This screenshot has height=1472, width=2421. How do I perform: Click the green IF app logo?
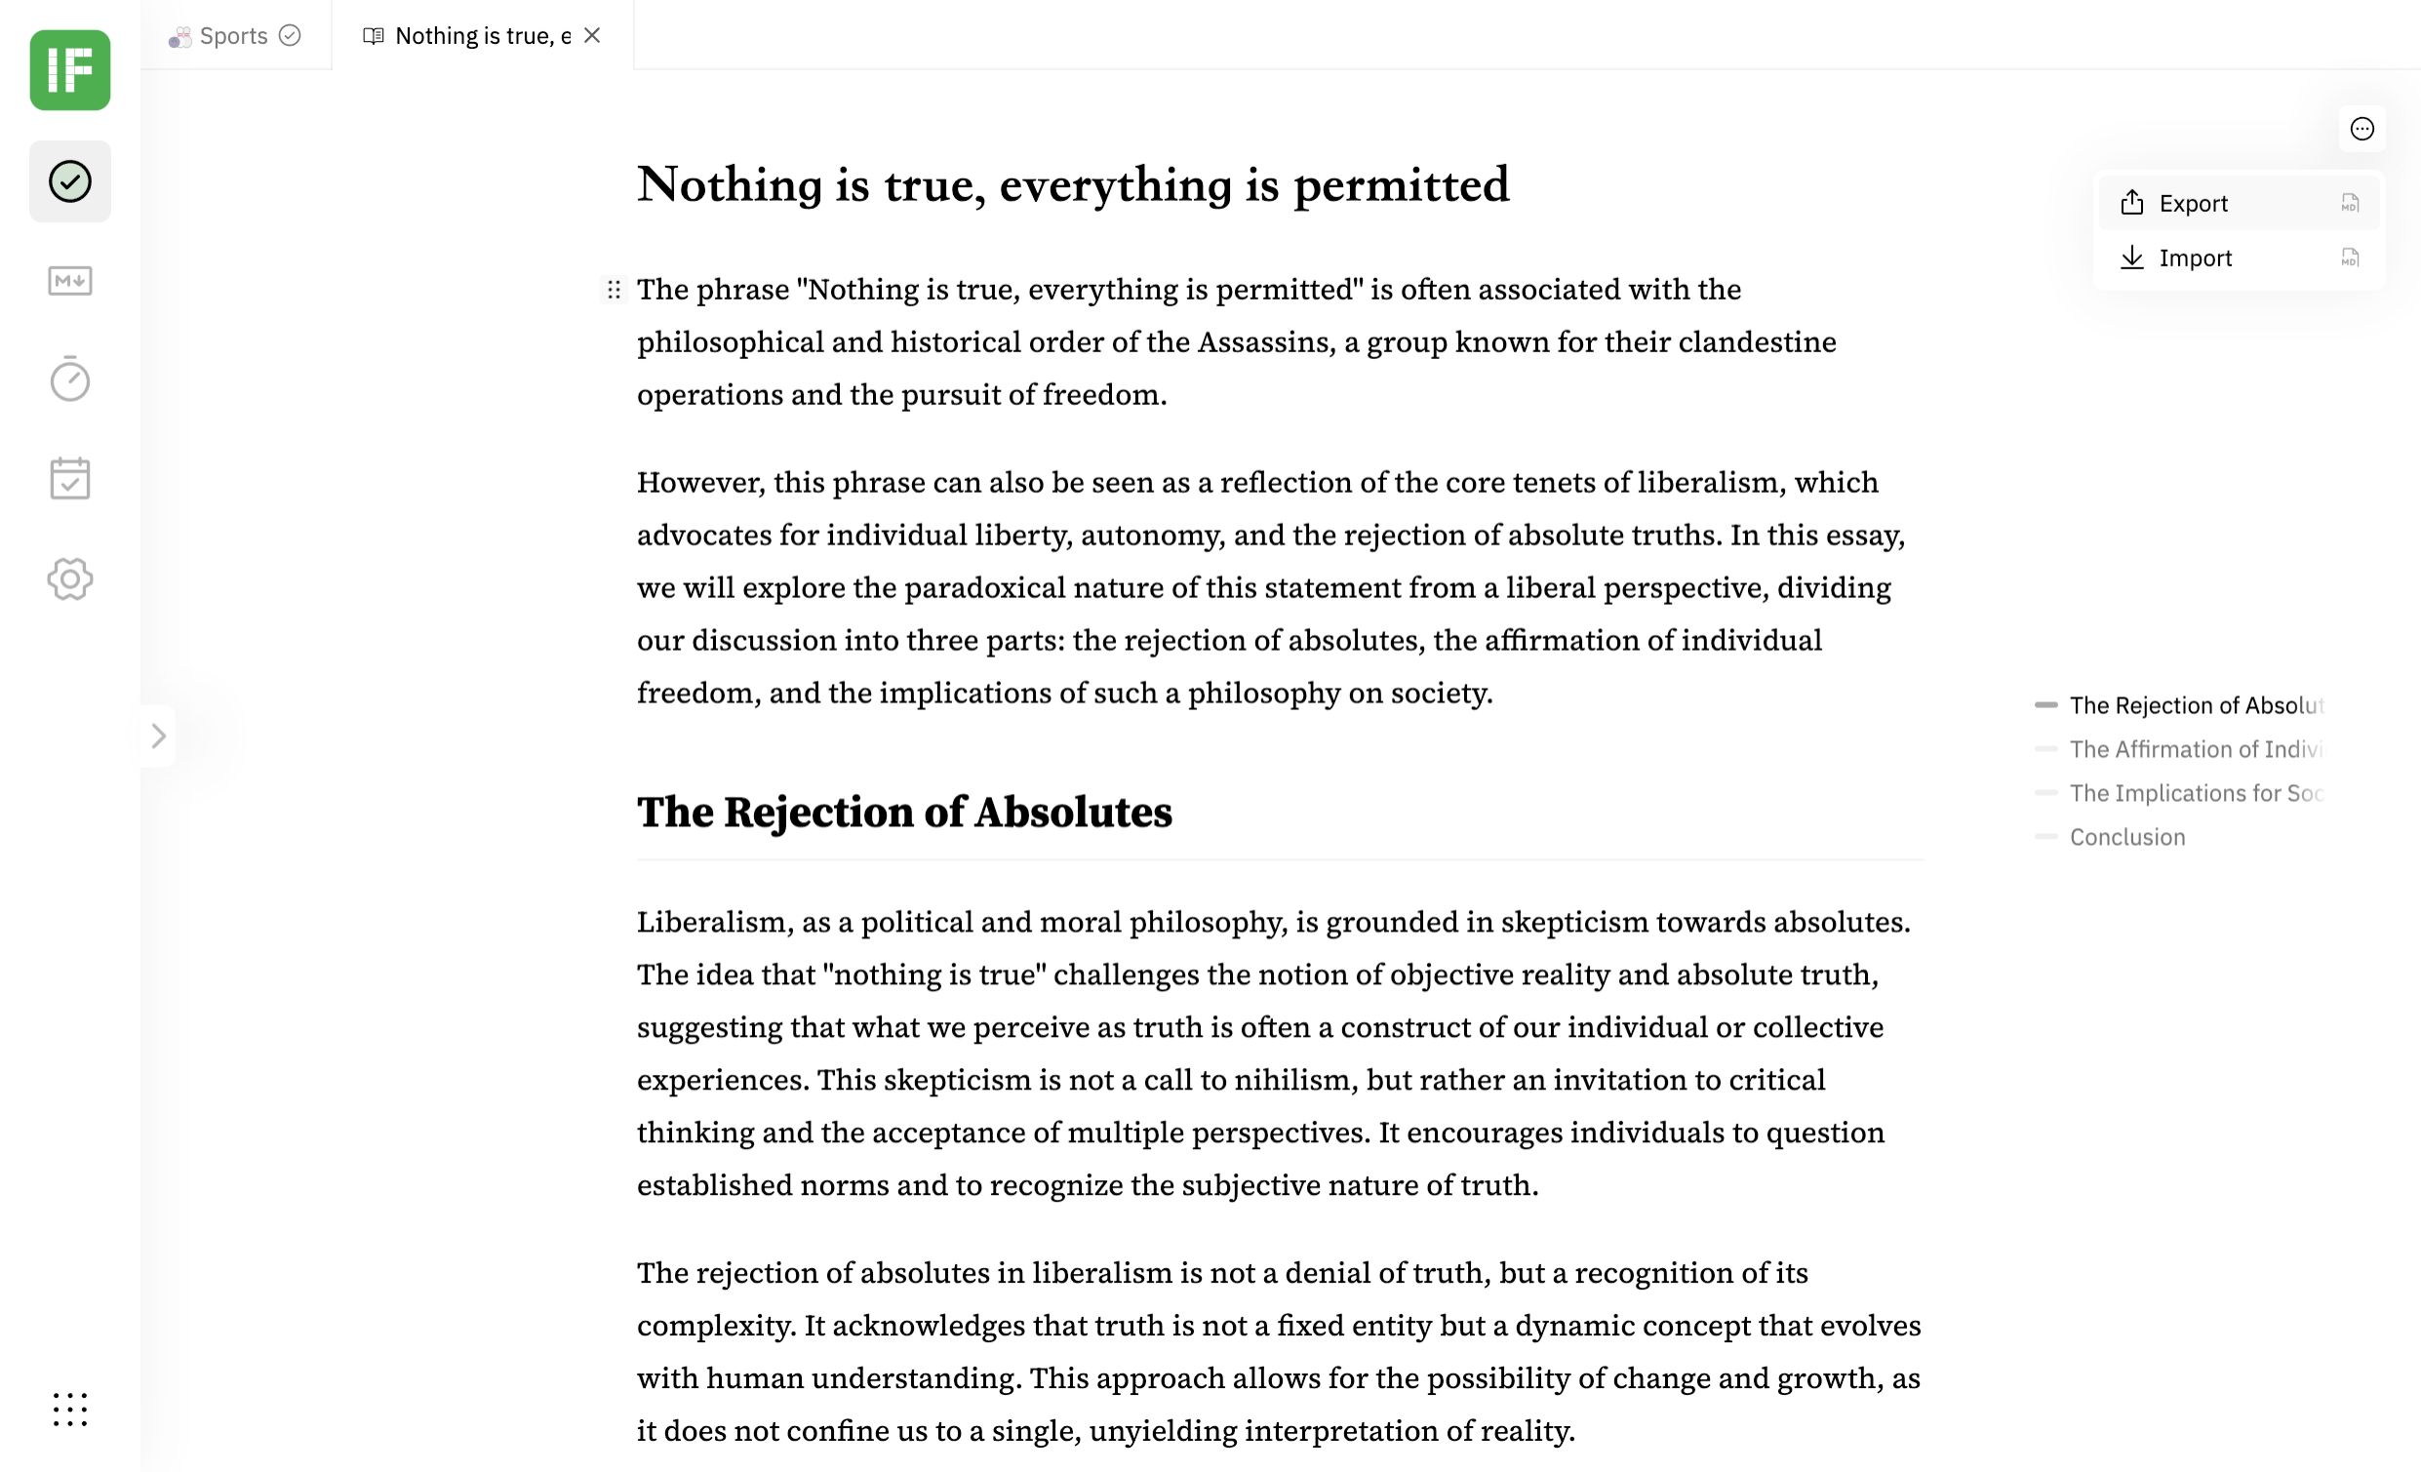[x=70, y=70]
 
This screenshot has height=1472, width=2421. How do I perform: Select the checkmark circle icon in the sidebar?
[x=70, y=181]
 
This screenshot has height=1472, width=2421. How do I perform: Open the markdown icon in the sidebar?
[x=70, y=281]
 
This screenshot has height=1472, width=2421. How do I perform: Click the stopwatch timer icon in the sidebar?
[x=70, y=379]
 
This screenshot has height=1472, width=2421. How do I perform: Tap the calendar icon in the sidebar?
[x=70, y=479]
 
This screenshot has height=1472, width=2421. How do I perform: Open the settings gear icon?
[x=70, y=578]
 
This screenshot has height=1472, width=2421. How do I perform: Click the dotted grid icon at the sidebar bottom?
[x=70, y=1410]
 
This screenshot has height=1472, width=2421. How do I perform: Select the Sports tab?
[x=234, y=35]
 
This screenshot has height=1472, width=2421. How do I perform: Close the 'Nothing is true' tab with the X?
[x=591, y=35]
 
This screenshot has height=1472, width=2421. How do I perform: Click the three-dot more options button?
[x=2361, y=129]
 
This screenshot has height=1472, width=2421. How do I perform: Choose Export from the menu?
[x=2193, y=204]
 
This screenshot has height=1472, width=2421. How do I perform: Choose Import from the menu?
[x=2195, y=259]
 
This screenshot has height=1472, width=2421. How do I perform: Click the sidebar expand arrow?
[x=158, y=736]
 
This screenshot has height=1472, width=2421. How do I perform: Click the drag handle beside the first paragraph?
[x=615, y=290]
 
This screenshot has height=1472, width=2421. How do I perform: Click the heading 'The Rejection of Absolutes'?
[x=904, y=813]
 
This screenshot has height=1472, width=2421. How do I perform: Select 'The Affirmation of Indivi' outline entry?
[x=2195, y=750]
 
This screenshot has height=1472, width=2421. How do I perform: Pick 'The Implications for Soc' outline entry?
[x=2195, y=793]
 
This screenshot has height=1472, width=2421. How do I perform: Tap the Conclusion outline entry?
[x=2127, y=837]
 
